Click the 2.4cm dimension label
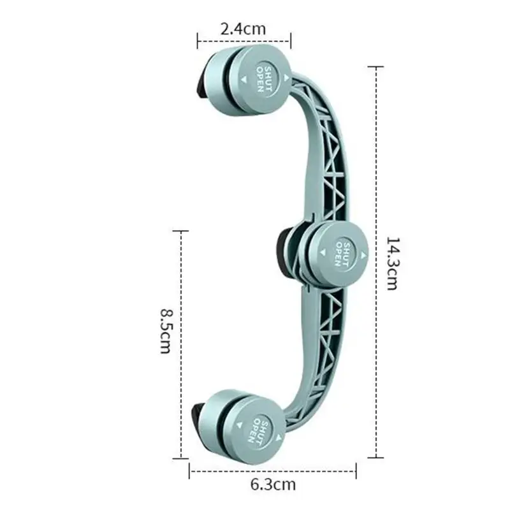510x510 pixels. coord(243,29)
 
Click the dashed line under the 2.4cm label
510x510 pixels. coord(244,43)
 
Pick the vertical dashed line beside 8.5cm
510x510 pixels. coord(182,344)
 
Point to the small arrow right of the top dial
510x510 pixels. coord(287,77)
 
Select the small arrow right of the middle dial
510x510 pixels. coord(364,255)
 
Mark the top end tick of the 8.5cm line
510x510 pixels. coord(182,231)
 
